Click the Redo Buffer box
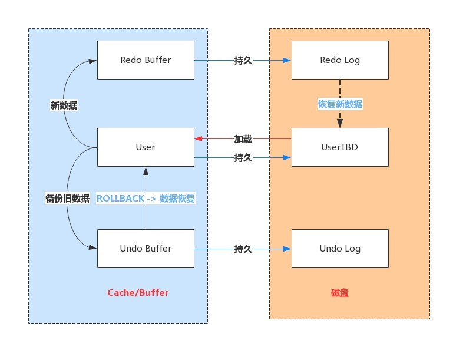[x=146, y=60]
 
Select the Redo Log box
[x=340, y=60]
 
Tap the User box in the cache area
[x=146, y=147]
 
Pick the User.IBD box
[x=340, y=147]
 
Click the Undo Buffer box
[x=146, y=249]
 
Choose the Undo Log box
[x=340, y=249]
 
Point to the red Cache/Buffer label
[x=138, y=293]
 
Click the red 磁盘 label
[x=340, y=293]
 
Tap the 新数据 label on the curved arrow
[x=64, y=105]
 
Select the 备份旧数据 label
[x=67, y=199]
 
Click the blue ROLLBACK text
[x=120, y=199]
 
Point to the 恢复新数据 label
[x=340, y=104]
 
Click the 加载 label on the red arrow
[x=243, y=139]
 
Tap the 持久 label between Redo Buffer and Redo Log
[x=243, y=60]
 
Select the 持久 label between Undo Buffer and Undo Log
[x=243, y=249]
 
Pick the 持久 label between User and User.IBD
[x=243, y=157]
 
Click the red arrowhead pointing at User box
[x=198, y=138]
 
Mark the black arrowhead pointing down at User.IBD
[x=340, y=123]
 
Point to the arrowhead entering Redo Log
[x=287, y=60]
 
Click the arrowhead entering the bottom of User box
[x=146, y=171]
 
